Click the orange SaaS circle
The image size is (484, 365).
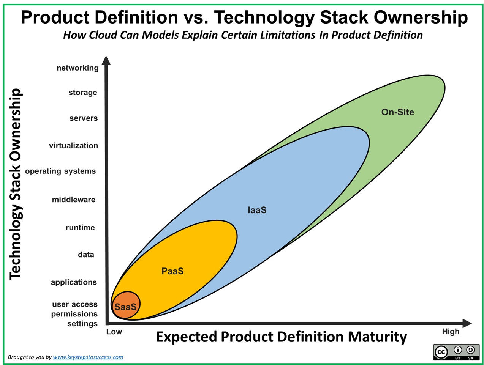[x=125, y=305]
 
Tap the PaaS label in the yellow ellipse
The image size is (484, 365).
[x=172, y=271]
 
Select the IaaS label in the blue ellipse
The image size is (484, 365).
[x=257, y=210]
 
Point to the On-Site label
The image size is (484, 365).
[x=397, y=112]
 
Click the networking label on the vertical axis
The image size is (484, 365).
[x=78, y=68]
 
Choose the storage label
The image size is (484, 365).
[x=83, y=93]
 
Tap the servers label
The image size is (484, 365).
[x=84, y=118]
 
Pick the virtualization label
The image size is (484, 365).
[x=73, y=146]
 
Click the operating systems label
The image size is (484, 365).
[x=60, y=171]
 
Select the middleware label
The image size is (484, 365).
[x=74, y=200]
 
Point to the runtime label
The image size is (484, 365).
[x=80, y=227]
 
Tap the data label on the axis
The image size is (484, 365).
[x=86, y=255]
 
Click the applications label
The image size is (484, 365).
[x=74, y=282]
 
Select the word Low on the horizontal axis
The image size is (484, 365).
[x=114, y=332]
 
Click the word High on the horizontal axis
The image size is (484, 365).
[x=451, y=332]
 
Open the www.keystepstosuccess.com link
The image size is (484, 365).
[x=88, y=357]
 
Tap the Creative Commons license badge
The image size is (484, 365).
[x=456, y=352]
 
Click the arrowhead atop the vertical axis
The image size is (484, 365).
[x=106, y=60]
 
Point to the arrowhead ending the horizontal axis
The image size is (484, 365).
[x=467, y=323]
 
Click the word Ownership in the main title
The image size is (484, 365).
[x=421, y=17]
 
